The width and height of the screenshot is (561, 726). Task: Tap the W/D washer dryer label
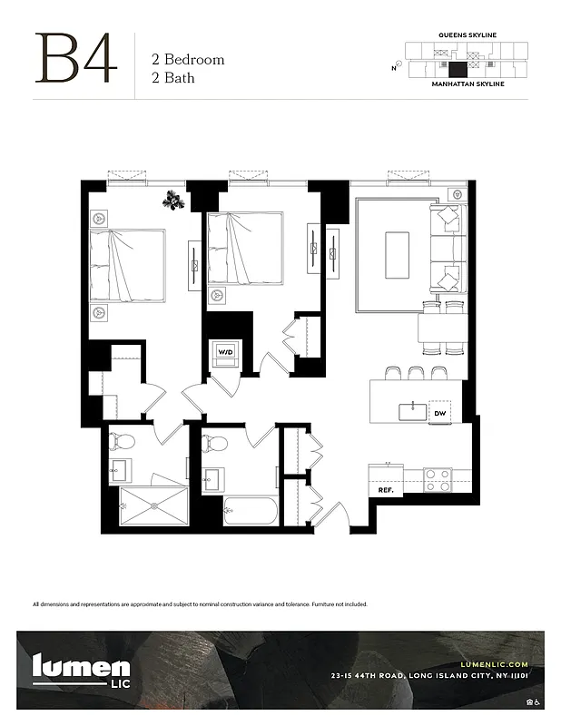[x=224, y=351]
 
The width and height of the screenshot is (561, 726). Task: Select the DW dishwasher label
[x=440, y=413]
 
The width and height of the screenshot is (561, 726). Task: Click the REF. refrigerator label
[x=385, y=490]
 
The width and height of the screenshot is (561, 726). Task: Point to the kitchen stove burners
[x=438, y=479]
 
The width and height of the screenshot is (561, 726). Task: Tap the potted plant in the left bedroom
[x=175, y=200]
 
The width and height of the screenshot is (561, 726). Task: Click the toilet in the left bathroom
[x=123, y=442]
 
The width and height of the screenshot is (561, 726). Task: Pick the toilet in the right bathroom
[x=215, y=444]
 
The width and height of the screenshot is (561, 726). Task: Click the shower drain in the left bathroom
[x=153, y=506]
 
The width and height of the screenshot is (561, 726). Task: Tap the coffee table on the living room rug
[x=397, y=255]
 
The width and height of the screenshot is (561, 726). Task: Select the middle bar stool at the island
[x=416, y=373]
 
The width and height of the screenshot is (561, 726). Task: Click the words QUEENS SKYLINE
[x=467, y=35]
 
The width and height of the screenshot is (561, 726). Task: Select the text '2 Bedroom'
[x=187, y=60]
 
